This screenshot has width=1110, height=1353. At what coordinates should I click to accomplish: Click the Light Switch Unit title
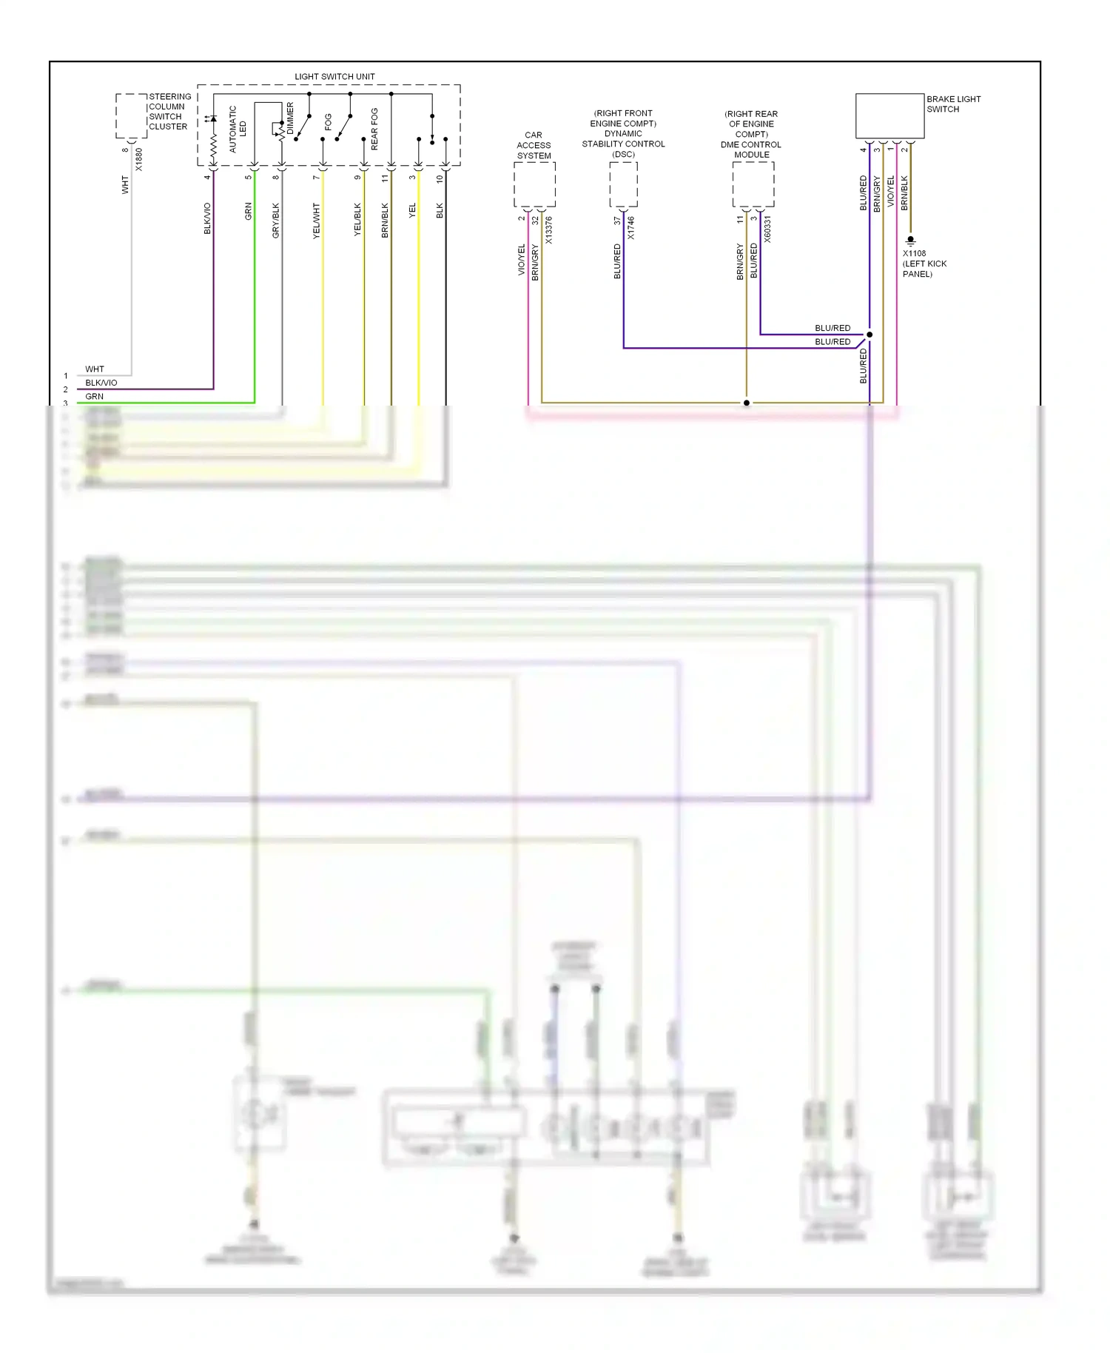click(x=334, y=76)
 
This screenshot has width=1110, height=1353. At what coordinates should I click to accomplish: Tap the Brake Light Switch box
click(x=889, y=115)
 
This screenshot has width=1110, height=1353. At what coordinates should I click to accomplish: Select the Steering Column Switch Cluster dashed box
click(x=131, y=115)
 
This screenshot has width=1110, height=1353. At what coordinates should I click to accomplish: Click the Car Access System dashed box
click(x=534, y=184)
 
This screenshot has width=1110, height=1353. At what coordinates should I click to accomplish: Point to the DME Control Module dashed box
click(x=753, y=184)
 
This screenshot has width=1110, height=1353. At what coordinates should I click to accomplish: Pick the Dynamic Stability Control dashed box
click(x=623, y=184)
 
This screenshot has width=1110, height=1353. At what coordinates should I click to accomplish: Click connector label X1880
click(x=139, y=160)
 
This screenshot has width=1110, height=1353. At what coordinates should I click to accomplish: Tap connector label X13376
click(x=548, y=230)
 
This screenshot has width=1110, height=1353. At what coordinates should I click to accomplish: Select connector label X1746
click(x=630, y=228)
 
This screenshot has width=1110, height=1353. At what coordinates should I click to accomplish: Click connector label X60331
click(x=767, y=229)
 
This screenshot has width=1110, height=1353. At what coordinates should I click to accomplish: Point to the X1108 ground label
click(x=914, y=253)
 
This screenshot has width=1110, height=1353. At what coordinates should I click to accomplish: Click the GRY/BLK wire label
click(x=276, y=220)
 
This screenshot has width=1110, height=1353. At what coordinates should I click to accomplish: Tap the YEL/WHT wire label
click(x=317, y=220)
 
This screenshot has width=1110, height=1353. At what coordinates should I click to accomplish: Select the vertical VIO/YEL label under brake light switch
click(x=890, y=191)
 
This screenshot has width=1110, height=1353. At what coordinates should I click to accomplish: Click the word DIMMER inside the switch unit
click(x=290, y=118)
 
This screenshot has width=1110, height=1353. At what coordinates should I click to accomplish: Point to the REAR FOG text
click(x=374, y=129)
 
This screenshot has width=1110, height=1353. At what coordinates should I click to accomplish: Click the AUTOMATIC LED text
click(x=238, y=129)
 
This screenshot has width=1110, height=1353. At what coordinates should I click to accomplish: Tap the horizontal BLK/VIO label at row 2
click(x=101, y=383)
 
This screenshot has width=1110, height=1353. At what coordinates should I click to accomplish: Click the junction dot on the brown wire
click(x=746, y=403)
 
